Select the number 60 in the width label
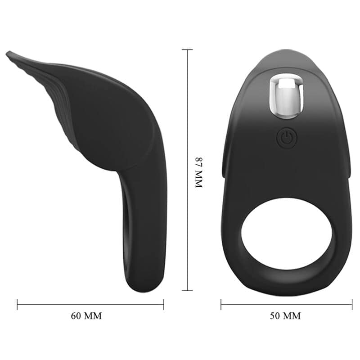(77, 316)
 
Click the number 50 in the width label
(275, 316)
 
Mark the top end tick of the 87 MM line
(187, 50)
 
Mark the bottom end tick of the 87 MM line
(187, 290)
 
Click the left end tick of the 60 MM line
(18, 305)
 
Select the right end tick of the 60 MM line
(163, 305)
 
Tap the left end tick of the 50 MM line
(221, 305)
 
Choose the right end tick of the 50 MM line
(352, 305)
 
